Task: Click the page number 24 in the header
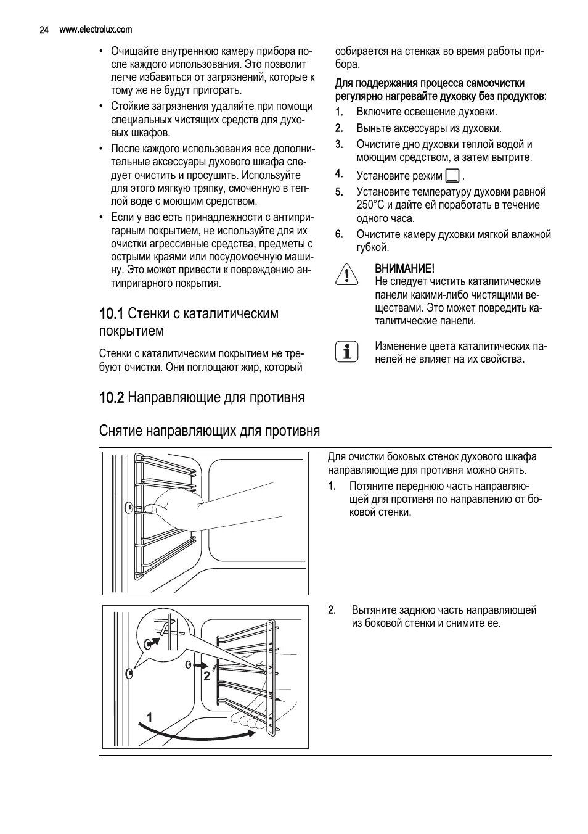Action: coord(44,30)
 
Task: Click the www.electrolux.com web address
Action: coord(95,30)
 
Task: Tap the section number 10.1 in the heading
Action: coord(112,314)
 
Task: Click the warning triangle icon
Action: coord(347,275)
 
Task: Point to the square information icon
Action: coord(347,351)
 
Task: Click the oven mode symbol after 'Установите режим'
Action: coord(452,176)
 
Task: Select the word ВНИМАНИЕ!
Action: coord(404,268)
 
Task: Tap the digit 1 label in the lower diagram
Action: coord(149,717)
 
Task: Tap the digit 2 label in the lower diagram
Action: coord(206,677)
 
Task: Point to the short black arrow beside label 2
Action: coord(200,666)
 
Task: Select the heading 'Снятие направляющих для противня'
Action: coord(210,431)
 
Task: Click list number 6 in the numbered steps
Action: coord(338,234)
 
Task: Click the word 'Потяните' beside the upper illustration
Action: coord(371,486)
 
